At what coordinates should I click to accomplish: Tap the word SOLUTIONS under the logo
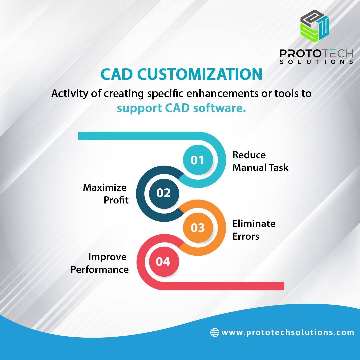pos(316,62)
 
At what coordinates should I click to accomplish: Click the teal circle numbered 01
pos(197,160)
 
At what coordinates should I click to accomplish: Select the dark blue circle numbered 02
pos(163,193)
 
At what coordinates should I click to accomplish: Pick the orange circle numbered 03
pos(197,228)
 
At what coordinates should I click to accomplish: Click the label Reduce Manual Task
pos(260,161)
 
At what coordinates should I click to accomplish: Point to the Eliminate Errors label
pos(254,230)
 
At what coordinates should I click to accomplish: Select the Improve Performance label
pos(100,263)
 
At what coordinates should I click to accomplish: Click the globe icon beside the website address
pos(214,332)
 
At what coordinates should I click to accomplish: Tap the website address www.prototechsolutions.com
pos(288,332)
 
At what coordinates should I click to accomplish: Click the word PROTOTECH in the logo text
pos(316,53)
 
